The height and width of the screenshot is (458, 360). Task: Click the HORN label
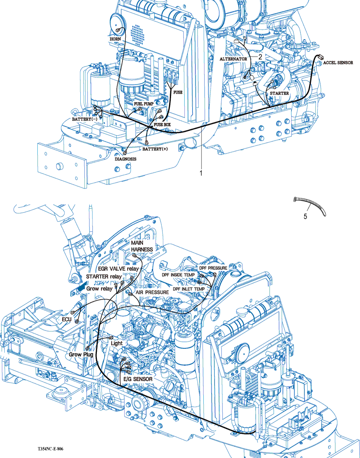tap(115, 39)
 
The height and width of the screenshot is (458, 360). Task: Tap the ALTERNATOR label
tap(233, 59)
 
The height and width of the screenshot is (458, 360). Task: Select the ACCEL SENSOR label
tap(338, 63)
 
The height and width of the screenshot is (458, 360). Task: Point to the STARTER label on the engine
tap(279, 93)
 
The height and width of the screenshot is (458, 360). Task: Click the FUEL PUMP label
tap(144, 104)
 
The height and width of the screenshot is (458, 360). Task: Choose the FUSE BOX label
tap(162, 125)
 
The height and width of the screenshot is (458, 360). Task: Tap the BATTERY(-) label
tap(84, 119)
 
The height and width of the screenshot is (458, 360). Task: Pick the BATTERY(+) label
tap(155, 149)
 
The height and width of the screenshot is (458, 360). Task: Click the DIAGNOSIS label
tap(125, 159)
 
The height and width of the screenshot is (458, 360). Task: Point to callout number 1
tap(201, 173)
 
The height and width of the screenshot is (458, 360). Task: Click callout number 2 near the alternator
tap(260, 56)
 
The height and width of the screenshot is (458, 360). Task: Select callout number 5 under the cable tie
tap(305, 217)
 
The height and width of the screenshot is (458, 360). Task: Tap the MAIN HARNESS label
tap(142, 246)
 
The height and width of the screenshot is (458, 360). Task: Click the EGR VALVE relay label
tap(118, 268)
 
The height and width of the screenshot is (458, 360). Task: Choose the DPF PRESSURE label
tap(213, 268)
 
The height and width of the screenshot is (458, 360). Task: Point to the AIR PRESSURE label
tap(152, 293)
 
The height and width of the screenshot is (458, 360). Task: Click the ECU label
tap(67, 319)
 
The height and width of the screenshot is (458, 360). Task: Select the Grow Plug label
tap(81, 354)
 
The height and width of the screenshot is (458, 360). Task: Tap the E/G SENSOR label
tap(138, 379)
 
